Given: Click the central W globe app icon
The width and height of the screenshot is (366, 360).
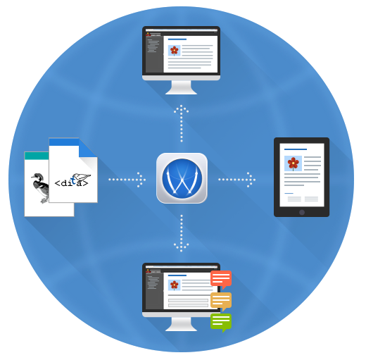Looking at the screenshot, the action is [x=182, y=178].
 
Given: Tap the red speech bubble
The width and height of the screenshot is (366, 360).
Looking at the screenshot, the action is [x=221, y=279].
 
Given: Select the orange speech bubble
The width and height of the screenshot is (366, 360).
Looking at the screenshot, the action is [x=221, y=301].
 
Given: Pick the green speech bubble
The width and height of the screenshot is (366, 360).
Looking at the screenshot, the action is [x=221, y=322].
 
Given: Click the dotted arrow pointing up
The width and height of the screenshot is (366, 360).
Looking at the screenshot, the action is [x=182, y=123].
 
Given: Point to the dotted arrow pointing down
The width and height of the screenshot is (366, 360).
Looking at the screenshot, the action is [x=182, y=233].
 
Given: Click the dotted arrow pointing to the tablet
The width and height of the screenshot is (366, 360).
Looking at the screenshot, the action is [x=236, y=180].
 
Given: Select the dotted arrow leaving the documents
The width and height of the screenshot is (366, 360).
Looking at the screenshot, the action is [x=127, y=180].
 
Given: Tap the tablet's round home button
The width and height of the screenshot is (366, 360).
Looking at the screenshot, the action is [x=302, y=212].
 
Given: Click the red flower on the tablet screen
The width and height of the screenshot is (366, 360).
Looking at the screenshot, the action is [x=293, y=163].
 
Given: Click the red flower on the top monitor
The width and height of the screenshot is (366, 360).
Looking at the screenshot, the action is [x=175, y=51].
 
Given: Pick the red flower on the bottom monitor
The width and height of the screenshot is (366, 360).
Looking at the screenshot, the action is [x=175, y=285].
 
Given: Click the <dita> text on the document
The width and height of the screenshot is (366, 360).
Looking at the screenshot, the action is [x=71, y=182].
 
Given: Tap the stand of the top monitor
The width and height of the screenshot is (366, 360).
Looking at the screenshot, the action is [x=181, y=87].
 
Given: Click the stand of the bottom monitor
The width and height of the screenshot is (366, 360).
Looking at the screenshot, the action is [x=181, y=324].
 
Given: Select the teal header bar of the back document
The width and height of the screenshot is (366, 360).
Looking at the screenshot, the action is [x=37, y=156].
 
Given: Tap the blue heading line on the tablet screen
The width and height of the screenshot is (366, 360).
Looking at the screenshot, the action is [x=296, y=149].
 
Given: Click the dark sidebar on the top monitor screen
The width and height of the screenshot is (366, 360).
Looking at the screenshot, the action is [x=154, y=54].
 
